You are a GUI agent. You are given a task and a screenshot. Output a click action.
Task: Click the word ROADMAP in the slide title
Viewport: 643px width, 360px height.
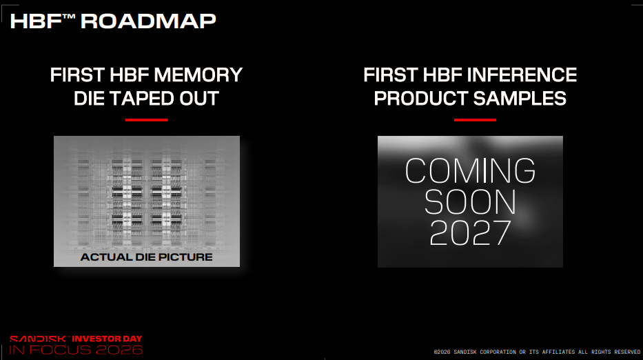coord(148,21)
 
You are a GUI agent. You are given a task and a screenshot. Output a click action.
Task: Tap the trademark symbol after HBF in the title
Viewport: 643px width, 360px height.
coord(69,17)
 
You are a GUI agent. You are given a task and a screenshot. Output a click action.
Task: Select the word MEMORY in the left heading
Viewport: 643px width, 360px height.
coord(199,75)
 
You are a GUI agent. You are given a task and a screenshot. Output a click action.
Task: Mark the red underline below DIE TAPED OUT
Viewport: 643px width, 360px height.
coord(146,120)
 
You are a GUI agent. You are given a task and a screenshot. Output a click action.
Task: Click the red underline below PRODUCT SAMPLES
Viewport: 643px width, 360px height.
coord(475,120)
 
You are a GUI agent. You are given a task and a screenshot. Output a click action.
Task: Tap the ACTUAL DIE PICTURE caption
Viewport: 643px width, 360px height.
coord(146,257)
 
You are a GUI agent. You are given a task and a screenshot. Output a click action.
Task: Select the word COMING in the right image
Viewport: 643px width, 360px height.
coord(470,170)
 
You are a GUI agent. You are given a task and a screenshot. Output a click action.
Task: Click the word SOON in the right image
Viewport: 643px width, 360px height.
coord(470,202)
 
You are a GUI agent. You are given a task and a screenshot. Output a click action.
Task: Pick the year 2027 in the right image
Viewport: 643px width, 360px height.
coord(470,232)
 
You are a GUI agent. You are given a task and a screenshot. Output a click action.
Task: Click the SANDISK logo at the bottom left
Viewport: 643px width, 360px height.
coord(38,339)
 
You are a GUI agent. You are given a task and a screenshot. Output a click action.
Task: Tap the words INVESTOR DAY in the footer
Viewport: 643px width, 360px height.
coord(107,339)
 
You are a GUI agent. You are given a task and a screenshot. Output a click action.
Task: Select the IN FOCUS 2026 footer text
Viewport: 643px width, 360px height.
coord(76,350)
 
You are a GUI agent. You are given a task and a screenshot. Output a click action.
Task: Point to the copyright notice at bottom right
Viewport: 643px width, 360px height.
coord(537,352)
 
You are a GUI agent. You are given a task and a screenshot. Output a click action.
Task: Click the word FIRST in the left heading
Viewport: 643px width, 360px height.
coord(77,75)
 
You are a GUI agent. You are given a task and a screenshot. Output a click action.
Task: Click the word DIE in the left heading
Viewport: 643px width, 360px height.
coord(89,99)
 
